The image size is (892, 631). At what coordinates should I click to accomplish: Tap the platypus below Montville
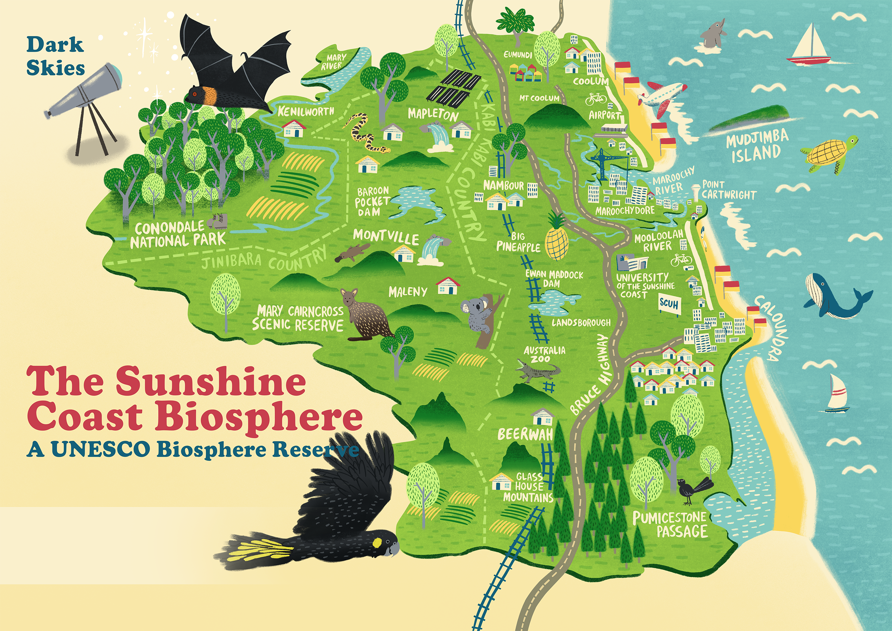(x=350, y=253)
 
